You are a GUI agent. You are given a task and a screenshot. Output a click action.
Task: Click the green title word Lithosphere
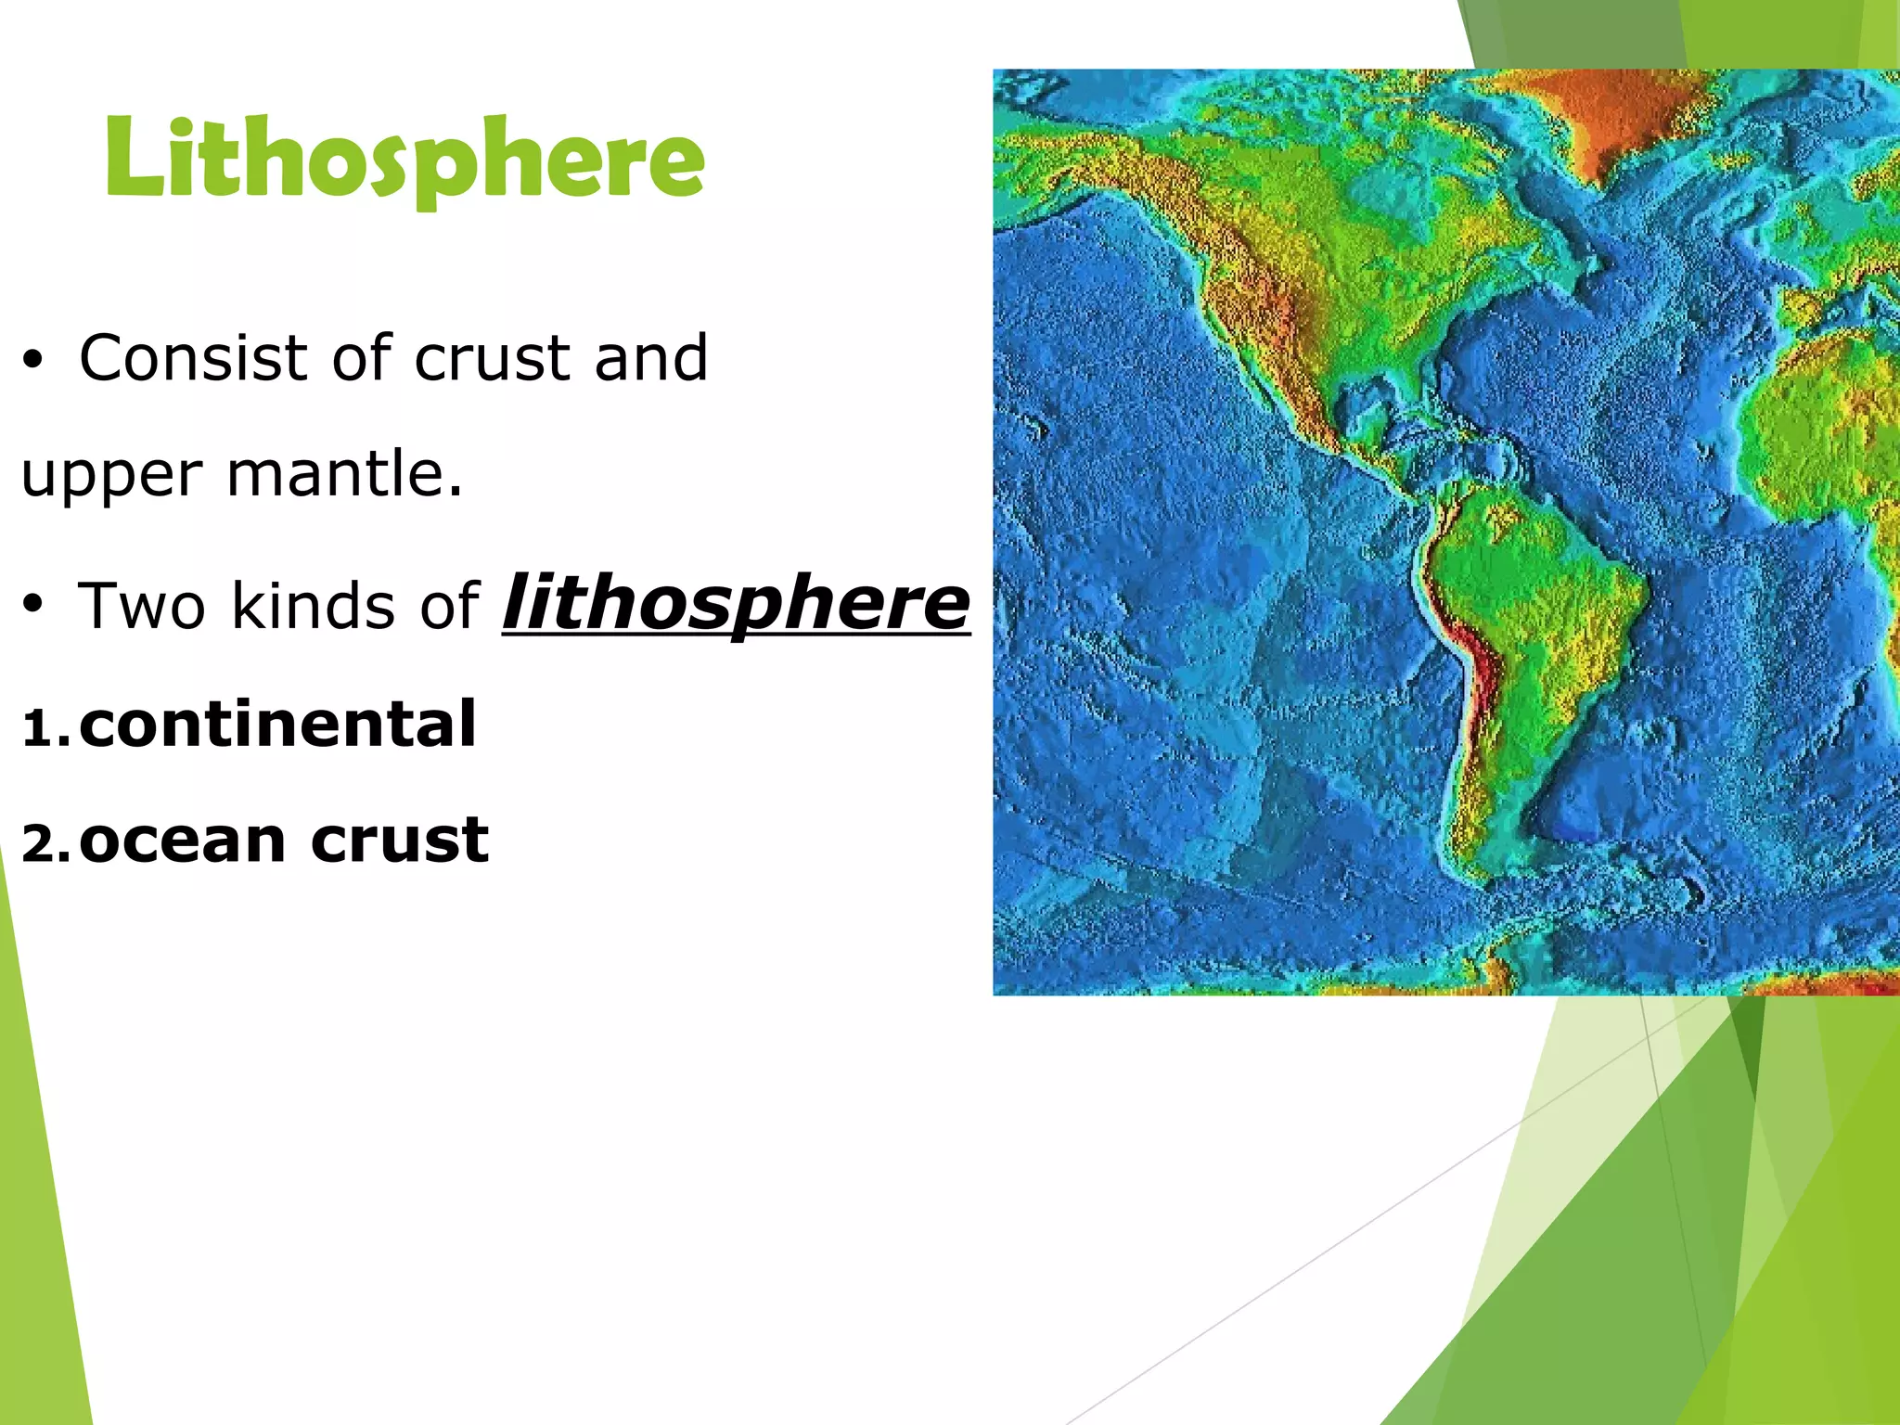(405, 158)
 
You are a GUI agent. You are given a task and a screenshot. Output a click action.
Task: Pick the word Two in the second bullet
(142, 606)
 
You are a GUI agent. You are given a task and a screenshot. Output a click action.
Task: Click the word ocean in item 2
(182, 841)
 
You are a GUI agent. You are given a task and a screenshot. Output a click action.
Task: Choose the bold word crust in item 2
(399, 841)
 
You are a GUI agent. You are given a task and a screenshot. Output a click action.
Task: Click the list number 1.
(41, 728)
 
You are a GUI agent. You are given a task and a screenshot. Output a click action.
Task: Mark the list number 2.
(43, 845)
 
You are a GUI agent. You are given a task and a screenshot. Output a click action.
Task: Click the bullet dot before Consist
(33, 362)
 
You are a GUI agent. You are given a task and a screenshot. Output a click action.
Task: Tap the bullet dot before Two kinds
(33, 607)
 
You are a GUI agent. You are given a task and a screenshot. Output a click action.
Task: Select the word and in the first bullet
(651, 358)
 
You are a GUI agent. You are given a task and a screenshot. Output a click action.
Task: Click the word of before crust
(362, 358)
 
